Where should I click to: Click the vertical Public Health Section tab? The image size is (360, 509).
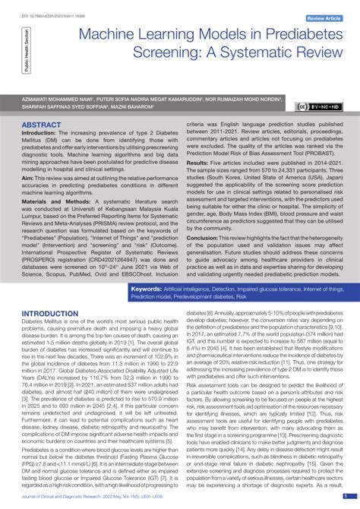[x=28, y=51]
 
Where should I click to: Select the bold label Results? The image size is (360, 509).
[x=197, y=163]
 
